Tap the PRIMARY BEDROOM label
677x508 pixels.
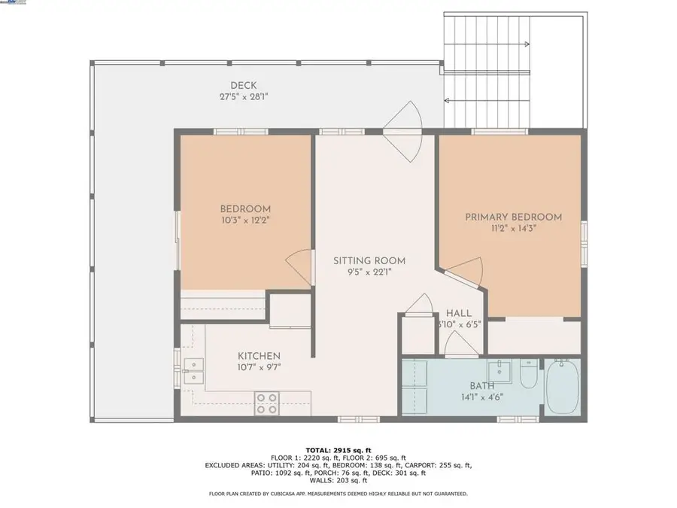coord(513,217)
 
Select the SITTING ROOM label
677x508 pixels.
coord(364,261)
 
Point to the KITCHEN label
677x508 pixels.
coord(259,356)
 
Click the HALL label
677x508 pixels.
coord(459,313)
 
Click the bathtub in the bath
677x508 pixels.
coord(563,386)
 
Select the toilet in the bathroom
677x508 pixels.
coord(530,373)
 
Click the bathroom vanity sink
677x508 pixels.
coord(499,371)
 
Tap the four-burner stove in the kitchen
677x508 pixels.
coord(266,403)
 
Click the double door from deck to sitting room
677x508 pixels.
coord(403,130)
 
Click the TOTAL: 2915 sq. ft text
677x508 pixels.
coord(338,449)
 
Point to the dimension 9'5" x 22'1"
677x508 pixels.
coord(364,273)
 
